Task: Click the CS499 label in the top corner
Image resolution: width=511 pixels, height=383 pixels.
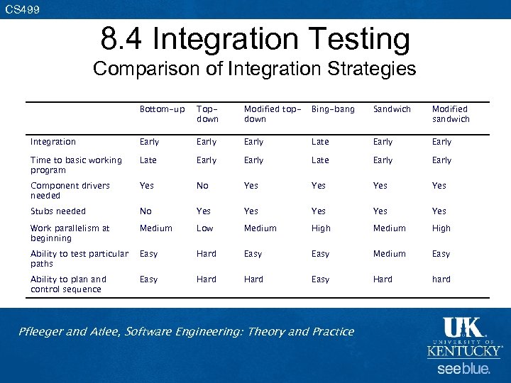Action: (22, 9)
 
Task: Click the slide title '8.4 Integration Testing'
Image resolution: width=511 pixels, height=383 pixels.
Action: (255, 40)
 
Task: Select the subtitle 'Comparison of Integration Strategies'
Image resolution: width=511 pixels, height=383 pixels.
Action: (255, 69)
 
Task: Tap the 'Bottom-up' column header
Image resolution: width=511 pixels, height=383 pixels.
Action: (162, 109)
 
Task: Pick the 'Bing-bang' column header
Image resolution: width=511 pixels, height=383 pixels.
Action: (333, 109)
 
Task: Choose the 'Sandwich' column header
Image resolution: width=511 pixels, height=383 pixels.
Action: (392, 109)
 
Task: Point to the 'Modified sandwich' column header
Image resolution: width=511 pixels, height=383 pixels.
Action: (451, 114)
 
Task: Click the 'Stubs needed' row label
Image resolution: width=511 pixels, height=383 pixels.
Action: (57, 211)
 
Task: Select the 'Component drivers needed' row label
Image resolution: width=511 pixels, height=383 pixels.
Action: (70, 190)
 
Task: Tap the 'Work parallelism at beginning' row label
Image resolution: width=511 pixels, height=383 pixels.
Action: (70, 233)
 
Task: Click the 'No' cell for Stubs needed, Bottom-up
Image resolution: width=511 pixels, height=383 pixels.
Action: (145, 211)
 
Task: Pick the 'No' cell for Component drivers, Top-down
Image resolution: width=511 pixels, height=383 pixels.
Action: (202, 186)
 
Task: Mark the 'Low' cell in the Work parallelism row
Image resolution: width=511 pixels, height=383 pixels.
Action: (204, 228)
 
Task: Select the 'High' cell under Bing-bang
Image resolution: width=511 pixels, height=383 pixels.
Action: (321, 228)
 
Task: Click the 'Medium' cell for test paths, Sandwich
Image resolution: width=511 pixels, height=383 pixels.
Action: (389, 254)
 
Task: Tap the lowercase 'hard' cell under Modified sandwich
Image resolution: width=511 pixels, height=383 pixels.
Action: (441, 279)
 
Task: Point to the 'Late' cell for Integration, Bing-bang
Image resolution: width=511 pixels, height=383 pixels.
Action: (320, 142)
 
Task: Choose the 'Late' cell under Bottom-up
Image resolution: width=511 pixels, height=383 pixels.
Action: (148, 160)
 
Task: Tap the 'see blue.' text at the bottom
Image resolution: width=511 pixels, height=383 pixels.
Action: (463, 369)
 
